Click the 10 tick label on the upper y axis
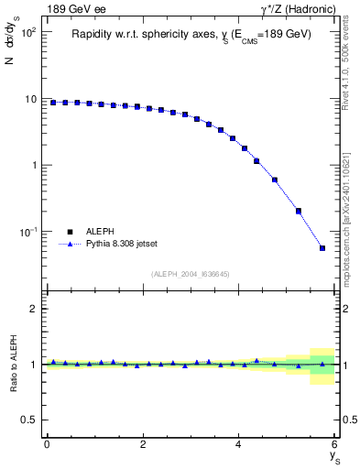coord(30,99)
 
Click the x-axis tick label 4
coord(239,444)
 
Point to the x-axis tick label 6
coord(334,444)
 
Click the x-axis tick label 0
coord(47,444)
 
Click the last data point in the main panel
coord(322,248)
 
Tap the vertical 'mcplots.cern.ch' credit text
coord(349,229)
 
